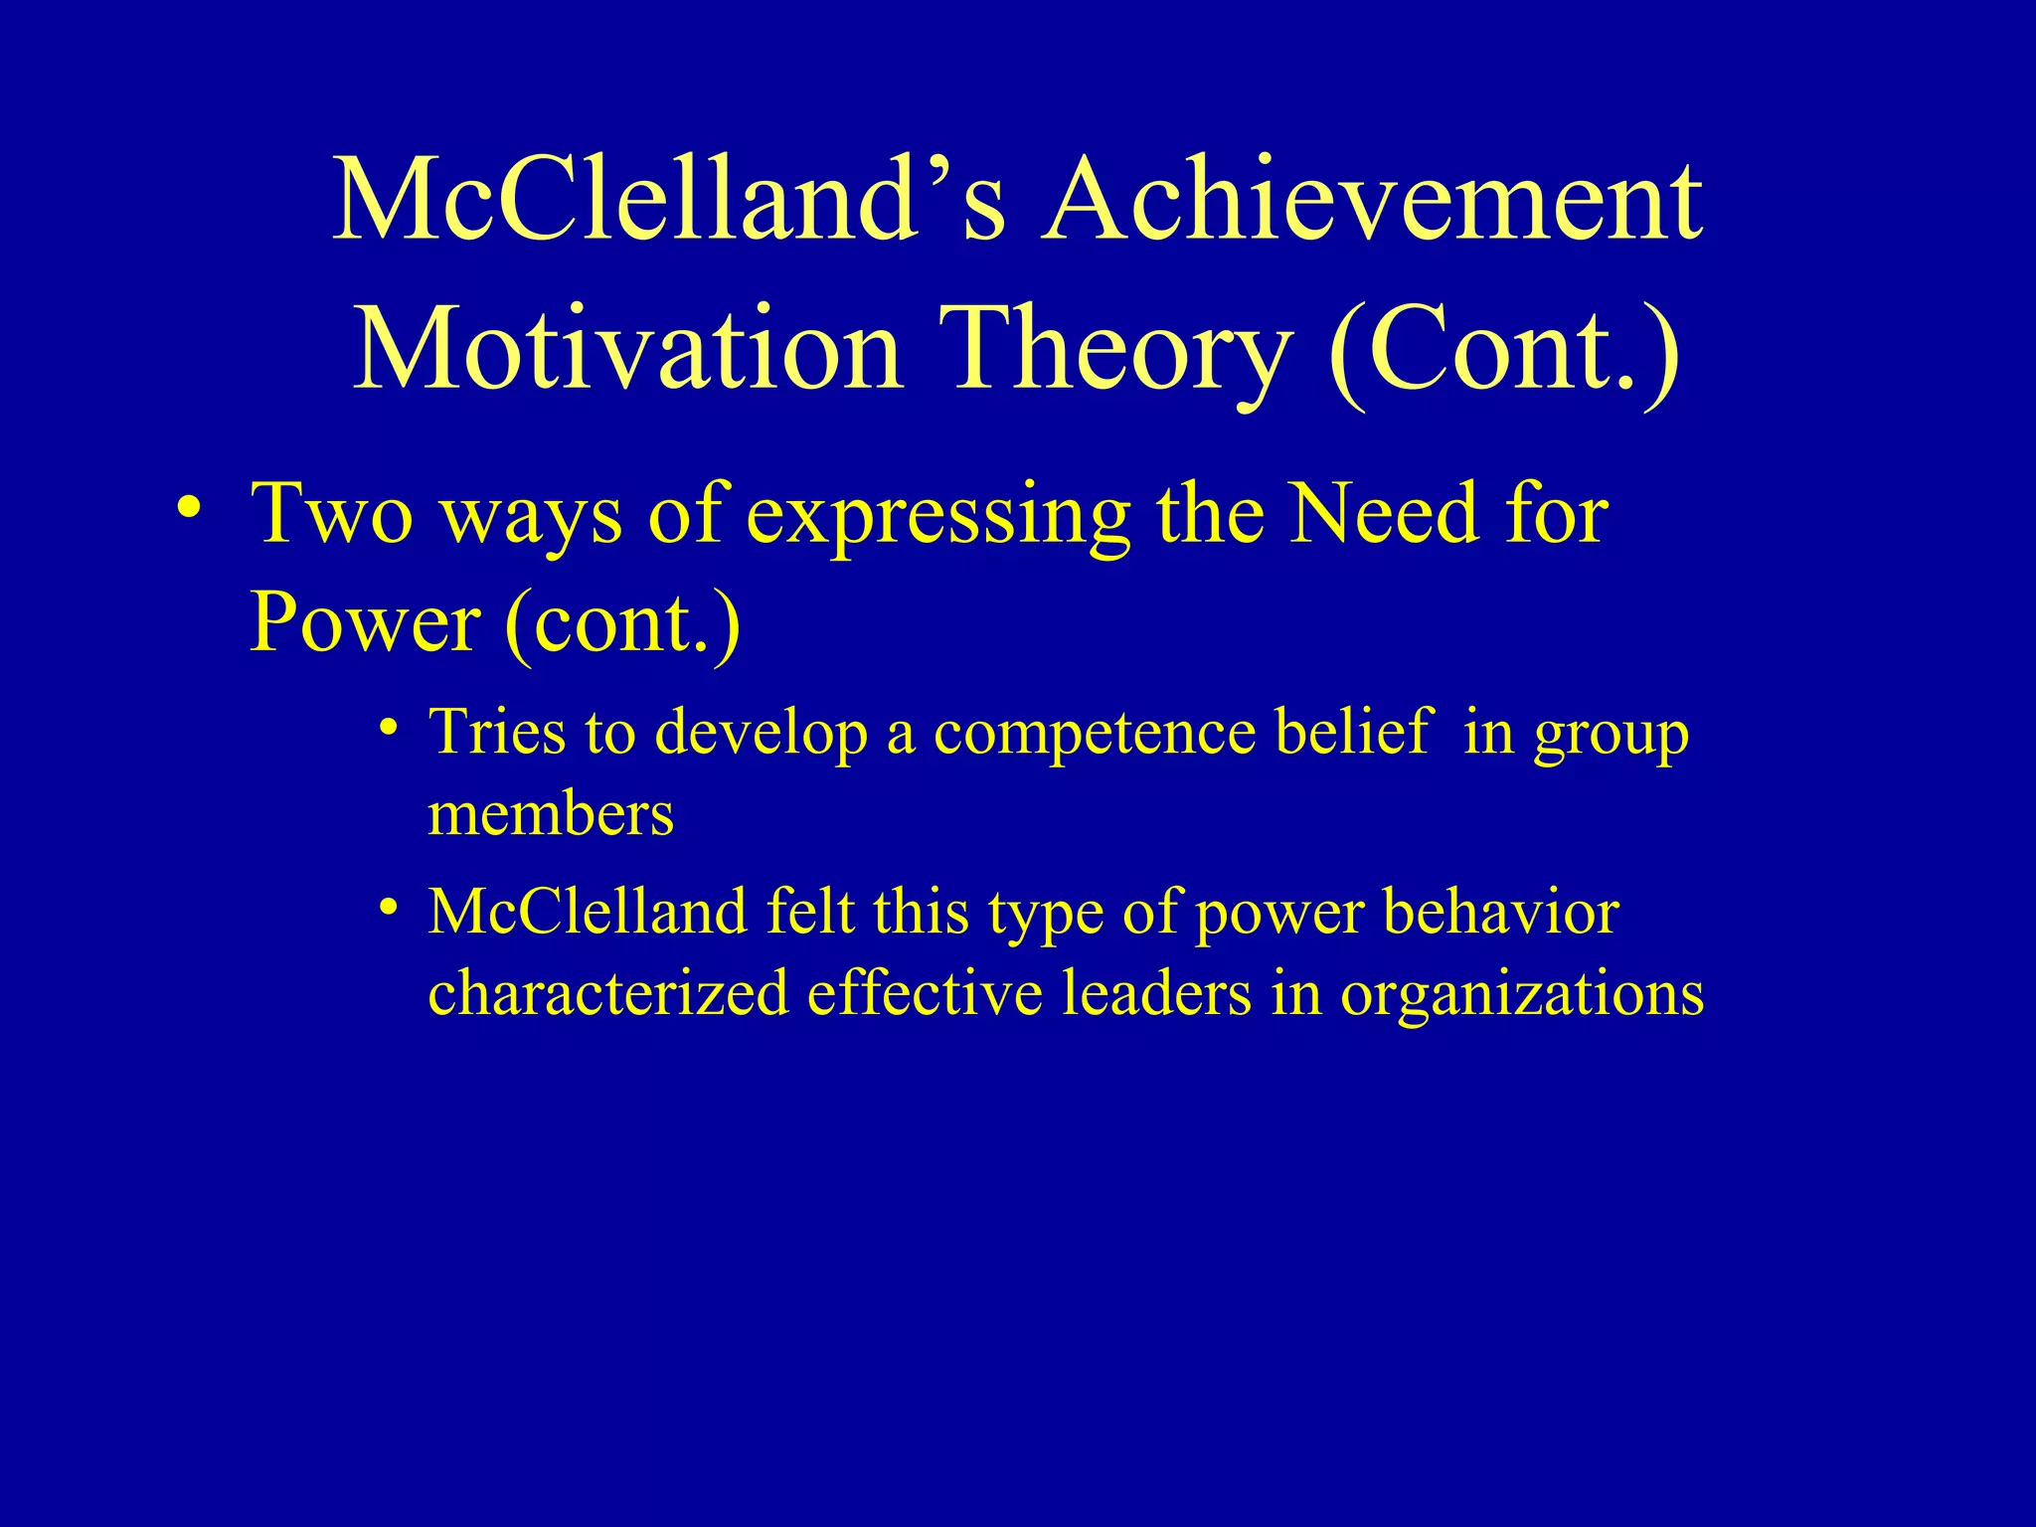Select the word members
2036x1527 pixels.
pyautogui.click(x=551, y=814)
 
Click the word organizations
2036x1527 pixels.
pyautogui.click(x=1521, y=995)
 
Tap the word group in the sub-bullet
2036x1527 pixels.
pyautogui.click(x=1611, y=736)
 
